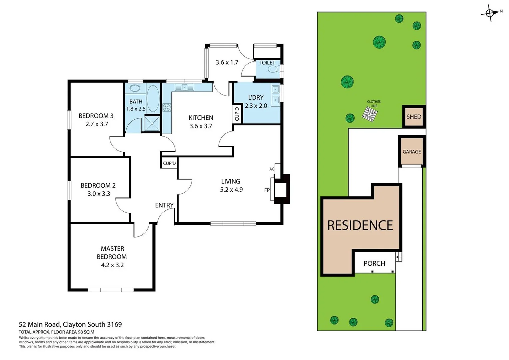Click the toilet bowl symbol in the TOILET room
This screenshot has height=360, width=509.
tap(273, 69)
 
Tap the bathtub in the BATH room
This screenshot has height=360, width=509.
tap(153, 99)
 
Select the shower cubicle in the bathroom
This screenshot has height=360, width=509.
tap(152, 124)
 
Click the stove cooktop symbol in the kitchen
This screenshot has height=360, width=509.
tap(166, 107)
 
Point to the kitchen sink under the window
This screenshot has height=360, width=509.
tap(184, 87)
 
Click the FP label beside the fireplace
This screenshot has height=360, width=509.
tap(267, 190)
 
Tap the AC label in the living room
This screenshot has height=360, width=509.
tap(272, 169)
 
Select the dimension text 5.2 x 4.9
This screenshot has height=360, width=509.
tap(231, 190)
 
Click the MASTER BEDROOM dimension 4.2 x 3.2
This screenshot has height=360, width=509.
tap(112, 265)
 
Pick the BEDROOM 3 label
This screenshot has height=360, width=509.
tap(96, 116)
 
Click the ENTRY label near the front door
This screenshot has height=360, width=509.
tap(164, 205)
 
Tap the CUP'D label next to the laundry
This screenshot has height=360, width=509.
tap(237, 114)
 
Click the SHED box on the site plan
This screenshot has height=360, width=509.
tap(414, 117)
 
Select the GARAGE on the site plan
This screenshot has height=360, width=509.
tap(412, 152)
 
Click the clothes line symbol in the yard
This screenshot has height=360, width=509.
tap(370, 114)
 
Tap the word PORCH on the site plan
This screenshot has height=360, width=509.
tap(374, 263)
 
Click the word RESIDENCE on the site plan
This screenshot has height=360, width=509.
tap(360, 225)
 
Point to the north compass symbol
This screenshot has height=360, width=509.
tap(490, 13)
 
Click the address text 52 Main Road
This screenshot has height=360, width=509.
tap(40, 324)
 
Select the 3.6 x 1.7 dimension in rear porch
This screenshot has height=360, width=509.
tap(227, 62)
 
